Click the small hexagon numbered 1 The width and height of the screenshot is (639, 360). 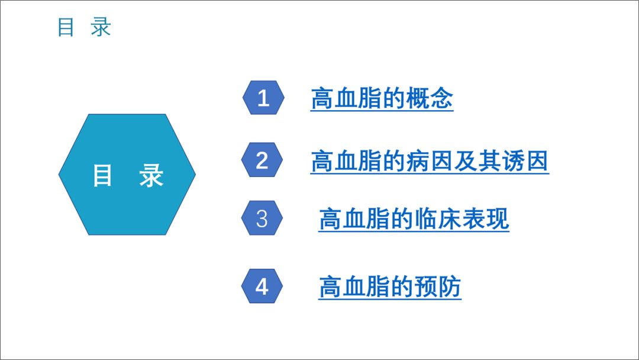263,98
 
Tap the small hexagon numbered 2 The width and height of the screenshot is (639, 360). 262,160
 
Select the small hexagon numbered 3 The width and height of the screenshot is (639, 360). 262,218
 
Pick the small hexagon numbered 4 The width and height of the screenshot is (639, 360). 262,286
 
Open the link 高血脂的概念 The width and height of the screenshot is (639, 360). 382,98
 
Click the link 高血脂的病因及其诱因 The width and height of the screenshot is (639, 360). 430,161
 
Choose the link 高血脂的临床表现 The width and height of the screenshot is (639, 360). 414,219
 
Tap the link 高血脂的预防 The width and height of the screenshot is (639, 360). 390,287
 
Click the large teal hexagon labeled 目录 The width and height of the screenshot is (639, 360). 127,175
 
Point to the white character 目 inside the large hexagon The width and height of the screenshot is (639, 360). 102,175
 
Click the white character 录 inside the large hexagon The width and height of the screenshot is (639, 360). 151,175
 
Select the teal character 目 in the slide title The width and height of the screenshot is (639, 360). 66,27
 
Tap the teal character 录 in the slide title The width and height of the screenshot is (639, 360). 101,27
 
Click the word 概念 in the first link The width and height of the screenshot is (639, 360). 430,98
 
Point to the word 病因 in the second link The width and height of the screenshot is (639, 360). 430,161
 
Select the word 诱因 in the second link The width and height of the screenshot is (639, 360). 525,161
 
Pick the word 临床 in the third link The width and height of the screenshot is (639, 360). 437,219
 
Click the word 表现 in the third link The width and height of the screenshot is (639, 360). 485,219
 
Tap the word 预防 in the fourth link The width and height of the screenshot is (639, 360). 437,287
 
